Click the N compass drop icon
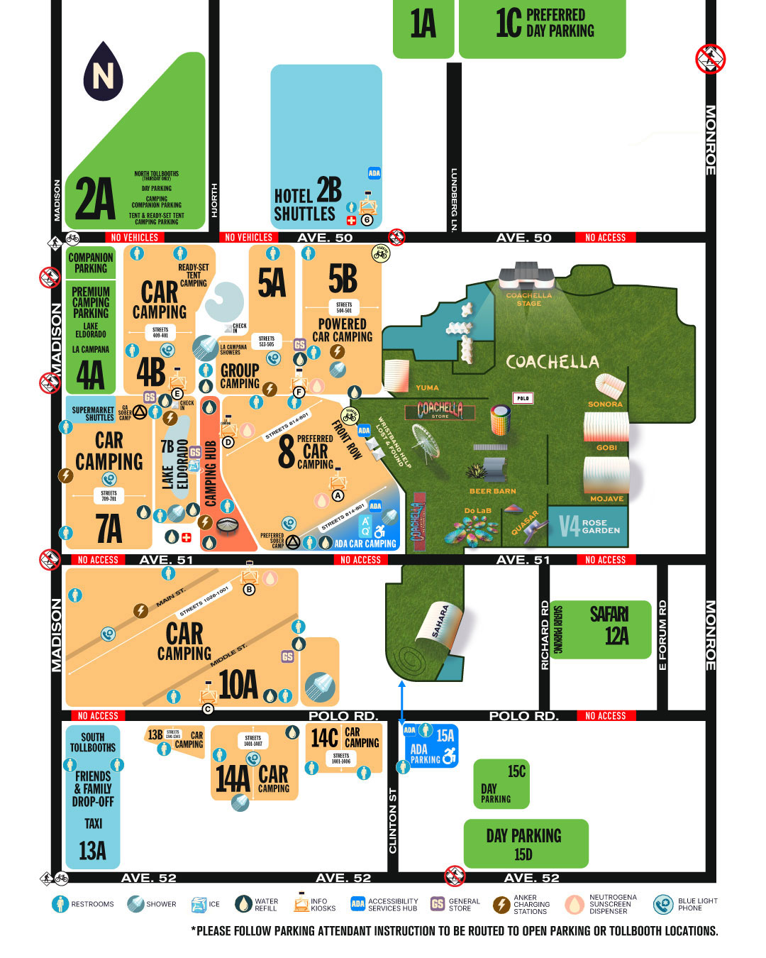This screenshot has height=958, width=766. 103,71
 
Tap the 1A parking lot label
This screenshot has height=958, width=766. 423,25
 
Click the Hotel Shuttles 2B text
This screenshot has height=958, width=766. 307,201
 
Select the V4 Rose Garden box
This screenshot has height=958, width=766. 589,526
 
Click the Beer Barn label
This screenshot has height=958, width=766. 492,491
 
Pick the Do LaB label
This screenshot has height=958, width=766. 477,511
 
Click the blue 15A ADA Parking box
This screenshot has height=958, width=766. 431,746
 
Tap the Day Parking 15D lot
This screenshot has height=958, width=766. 525,843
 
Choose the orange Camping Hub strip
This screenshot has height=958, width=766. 211,474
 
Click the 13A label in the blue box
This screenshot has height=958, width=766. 92,850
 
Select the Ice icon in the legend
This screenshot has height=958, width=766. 199,904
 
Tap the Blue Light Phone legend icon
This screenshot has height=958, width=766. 663,904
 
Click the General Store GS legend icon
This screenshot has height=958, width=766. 438,904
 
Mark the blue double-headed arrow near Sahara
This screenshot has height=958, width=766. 401,703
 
